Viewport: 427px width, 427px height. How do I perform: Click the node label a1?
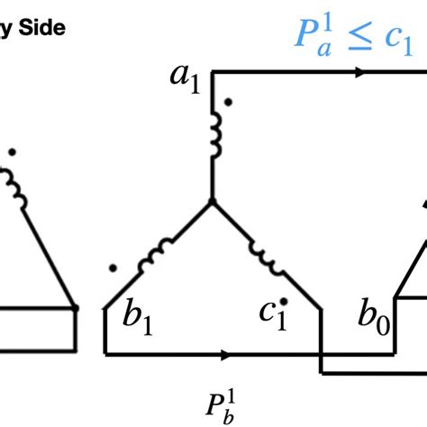185,79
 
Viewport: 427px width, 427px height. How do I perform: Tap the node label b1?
138,316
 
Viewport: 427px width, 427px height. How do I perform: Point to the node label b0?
374,316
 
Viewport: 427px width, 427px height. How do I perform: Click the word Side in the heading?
42,28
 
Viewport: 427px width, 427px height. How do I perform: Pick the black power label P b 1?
221,408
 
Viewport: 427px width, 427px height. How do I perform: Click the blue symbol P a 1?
314,36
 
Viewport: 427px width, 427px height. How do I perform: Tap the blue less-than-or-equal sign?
360,38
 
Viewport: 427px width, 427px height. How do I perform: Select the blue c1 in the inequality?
399,41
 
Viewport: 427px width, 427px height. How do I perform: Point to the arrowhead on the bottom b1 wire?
226,355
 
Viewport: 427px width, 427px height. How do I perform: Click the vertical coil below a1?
215,134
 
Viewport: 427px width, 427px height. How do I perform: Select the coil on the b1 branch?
155,255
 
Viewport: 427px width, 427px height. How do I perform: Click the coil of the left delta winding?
14,188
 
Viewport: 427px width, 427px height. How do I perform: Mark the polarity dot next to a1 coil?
228,102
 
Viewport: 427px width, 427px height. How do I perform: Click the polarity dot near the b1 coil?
113,268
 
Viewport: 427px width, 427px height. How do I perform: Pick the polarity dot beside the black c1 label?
284,301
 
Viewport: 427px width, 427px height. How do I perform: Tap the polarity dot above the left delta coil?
12,152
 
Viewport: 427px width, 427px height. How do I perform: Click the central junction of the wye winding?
212,201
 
